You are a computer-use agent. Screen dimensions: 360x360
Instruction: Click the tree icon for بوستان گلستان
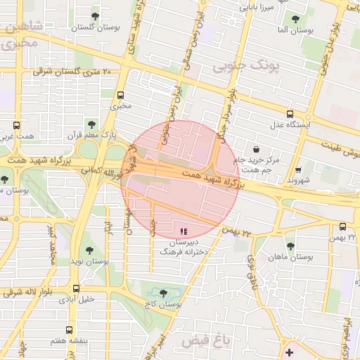coord(95,16)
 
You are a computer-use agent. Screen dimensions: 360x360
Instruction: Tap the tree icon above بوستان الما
coord(293,20)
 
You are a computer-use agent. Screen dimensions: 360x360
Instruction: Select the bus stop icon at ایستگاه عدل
coord(290,114)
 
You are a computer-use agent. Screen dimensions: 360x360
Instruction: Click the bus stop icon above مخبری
coord(120,95)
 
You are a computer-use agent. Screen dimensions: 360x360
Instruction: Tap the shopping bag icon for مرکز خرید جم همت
coord(256,149)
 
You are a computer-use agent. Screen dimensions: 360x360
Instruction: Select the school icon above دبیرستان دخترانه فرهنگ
coord(184,231)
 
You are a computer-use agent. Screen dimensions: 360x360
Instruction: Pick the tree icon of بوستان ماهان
coord(290,246)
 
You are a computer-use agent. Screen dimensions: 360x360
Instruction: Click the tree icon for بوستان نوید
coord(89,250)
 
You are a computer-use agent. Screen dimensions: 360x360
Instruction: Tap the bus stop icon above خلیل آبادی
coord(76,288)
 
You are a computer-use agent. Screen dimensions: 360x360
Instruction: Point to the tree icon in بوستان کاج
coord(164,293)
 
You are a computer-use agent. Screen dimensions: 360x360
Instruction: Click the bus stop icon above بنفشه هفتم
coord(68,330)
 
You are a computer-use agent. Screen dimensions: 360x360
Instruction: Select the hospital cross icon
coord(289,351)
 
